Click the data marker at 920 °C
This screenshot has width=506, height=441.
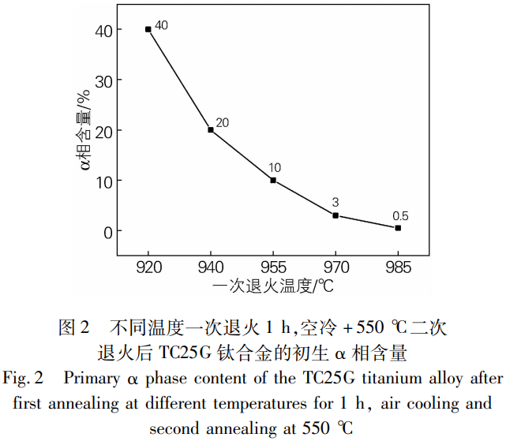148,29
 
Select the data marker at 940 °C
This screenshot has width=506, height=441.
211,129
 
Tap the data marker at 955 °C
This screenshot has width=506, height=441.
273,180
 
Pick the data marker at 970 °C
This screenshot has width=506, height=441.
335,215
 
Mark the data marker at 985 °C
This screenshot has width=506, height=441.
398,228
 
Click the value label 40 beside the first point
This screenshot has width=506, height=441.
162,25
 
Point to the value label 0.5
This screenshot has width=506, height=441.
400,216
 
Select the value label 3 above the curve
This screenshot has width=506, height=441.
335,203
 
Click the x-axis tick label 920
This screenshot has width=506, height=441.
148,267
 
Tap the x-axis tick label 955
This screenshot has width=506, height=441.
273,267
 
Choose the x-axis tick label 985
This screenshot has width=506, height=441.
398,267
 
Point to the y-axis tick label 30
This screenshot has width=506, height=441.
101,80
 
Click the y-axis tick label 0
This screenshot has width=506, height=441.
106,231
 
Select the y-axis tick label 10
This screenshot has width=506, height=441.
101,181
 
